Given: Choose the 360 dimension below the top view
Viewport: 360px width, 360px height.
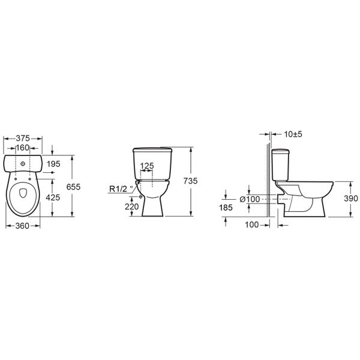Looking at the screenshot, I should (x=22, y=226).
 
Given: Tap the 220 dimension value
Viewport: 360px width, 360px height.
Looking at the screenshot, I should (x=132, y=206).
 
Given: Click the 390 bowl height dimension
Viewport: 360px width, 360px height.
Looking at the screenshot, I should (x=351, y=199).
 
